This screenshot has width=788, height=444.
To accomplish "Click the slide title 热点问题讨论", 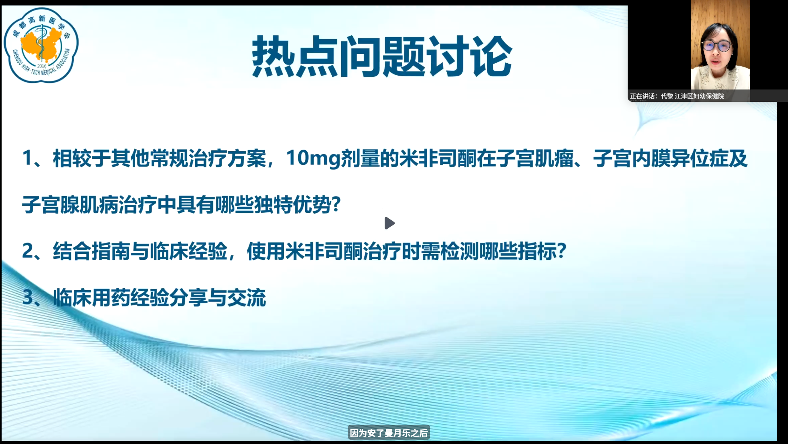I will (x=382, y=57).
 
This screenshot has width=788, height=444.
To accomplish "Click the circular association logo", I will (x=41, y=45).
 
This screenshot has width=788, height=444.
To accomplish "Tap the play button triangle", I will (x=389, y=223).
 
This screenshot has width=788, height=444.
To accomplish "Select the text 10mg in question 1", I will (x=313, y=158).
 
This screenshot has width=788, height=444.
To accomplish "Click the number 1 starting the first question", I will (x=27, y=158).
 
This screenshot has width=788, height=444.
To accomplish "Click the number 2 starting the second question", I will (x=28, y=251).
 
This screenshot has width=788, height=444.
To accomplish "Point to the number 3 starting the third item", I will (x=28, y=297).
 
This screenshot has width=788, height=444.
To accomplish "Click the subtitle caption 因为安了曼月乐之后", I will (x=389, y=433).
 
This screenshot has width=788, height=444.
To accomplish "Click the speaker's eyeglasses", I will (x=716, y=46).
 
